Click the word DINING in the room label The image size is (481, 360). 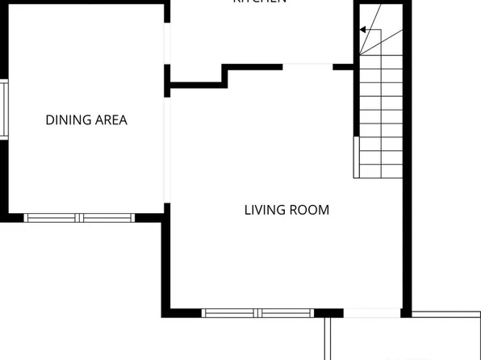pos(67,120)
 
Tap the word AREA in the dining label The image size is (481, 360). pos(110,120)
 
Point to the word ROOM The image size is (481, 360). pos(310,210)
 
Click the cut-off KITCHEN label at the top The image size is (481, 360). pos(260,2)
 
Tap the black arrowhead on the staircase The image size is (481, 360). pos(363,30)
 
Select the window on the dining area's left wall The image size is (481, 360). pos(3,109)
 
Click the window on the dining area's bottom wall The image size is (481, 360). pos(79,217)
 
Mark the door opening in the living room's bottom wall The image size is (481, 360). pos(372,313)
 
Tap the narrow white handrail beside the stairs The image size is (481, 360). pos(356,157)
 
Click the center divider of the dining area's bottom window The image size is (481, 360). pos(79,217)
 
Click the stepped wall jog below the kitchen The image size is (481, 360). pos(224,74)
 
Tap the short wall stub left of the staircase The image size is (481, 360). pos(345,66)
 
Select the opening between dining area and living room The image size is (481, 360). pos(167,149)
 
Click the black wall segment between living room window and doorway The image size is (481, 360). pos(328,313)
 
